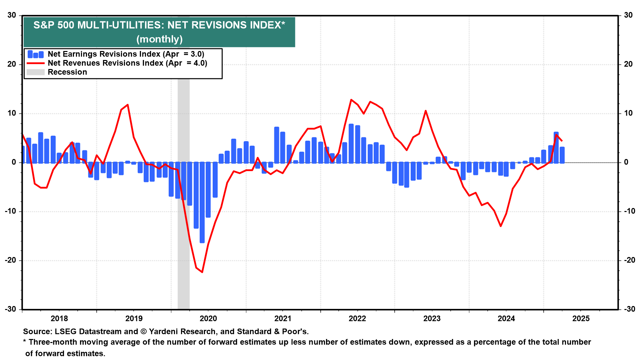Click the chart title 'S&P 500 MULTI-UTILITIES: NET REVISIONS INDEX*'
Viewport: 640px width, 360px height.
click(x=159, y=25)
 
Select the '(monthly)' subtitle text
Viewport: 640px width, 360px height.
click(x=159, y=39)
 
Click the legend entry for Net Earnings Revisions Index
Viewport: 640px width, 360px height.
click(x=116, y=54)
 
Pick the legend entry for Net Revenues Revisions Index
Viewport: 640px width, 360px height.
click(x=117, y=63)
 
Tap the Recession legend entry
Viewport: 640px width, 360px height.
click(x=57, y=72)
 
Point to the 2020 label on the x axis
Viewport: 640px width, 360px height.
click(x=208, y=318)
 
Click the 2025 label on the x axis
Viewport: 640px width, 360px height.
click(x=581, y=318)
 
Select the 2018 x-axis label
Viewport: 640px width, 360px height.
click(x=59, y=318)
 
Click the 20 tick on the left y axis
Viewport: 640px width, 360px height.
click(x=12, y=64)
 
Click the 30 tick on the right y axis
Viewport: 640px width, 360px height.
click(x=628, y=15)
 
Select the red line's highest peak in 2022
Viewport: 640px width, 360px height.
click(x=351, y=99)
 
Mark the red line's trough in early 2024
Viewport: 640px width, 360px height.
click(x=501, y=226)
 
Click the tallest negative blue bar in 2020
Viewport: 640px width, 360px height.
click(x=202, y=202)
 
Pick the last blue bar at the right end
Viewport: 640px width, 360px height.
click(x=562, y=155)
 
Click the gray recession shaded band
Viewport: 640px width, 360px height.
click(x=184, y=193)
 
